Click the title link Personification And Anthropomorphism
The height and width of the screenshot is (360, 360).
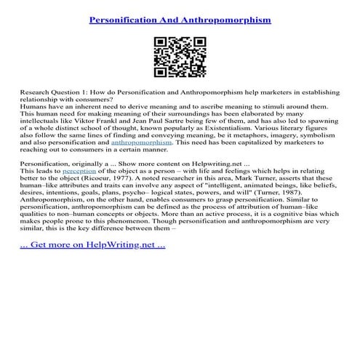[180, 20]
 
